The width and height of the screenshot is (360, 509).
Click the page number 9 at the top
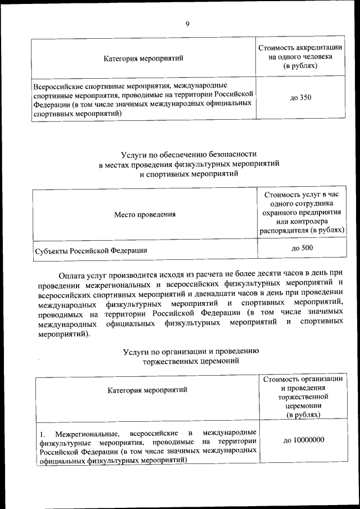tap(187, 23)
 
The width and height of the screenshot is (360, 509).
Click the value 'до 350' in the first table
tap(300, 98)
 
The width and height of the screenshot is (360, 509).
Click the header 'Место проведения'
tap(145, 214)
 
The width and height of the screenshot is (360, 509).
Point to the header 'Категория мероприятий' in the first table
tap(143, 57)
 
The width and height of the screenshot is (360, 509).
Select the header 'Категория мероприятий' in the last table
tap(147, 389)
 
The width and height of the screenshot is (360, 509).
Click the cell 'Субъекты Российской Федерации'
tap(91, 250)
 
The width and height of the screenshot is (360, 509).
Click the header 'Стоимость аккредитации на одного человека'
tap(300, 57)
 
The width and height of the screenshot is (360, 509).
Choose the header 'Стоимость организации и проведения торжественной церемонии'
tap(303, 397)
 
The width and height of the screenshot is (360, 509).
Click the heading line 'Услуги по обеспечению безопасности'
tap(189, 153)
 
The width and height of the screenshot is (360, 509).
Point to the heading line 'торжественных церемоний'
tap(190, 362)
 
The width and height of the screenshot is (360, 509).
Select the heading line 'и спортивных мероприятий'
tap(189, 174)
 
